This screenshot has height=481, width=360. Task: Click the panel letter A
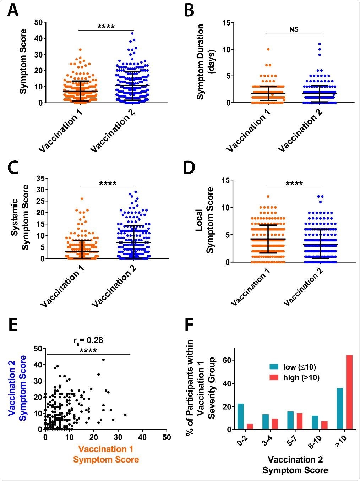tap(13, 11)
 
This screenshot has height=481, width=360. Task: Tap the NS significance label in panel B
tap(294, 29)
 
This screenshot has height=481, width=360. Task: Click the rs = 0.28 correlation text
tap(88, 340)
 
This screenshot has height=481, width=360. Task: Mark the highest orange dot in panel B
tap(268, 49)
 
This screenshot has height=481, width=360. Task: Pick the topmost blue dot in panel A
tap(133, 34)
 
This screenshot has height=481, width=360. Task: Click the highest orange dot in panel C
tap(82, 199)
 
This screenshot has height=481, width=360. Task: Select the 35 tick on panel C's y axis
tap(40, 178)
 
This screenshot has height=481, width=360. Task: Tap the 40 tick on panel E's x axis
tap(142, 437)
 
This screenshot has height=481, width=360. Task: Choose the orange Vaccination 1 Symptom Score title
tap(106, 454)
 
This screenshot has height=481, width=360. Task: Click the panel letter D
tap(189, 168)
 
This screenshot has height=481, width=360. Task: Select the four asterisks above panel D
tap(294, 184)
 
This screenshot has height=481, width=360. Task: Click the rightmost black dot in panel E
tap(125, 415)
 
